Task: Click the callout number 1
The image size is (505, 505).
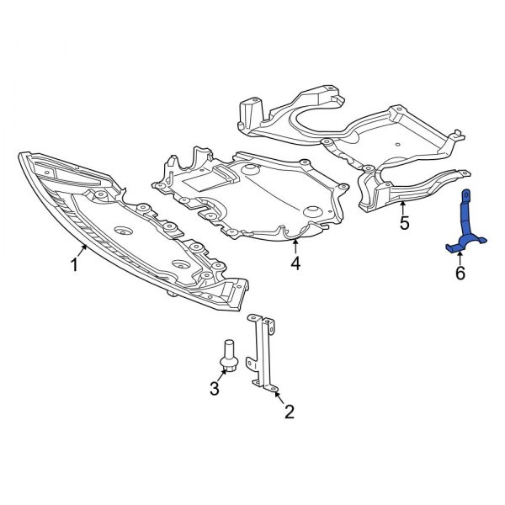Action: point(74,266)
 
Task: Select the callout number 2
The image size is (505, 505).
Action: point(289,412)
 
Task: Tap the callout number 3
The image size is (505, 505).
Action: point(215,389)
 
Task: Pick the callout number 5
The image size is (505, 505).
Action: point(403,223)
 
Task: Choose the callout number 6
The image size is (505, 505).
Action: point(460,273)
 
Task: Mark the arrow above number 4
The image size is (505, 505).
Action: point(295,246)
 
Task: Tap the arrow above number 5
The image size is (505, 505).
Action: point(403,206)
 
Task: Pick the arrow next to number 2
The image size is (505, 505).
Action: point(278,396)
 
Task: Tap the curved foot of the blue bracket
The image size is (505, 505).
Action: point(460,246)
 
